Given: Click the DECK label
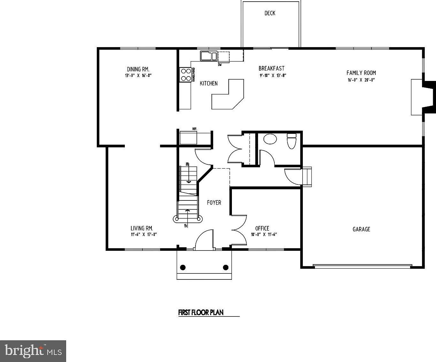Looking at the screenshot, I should (270, 13).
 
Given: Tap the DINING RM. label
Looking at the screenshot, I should (138, 69).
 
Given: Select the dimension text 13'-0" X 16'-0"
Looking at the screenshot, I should (138, 76).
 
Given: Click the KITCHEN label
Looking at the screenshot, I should (209, 83).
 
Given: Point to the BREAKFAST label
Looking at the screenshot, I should (271, 68).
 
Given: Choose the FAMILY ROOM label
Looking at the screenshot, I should (361, 73).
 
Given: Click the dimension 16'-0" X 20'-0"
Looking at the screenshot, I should (361, 80).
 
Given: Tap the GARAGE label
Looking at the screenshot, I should (361, 229).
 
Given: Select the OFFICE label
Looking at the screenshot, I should (262, 228).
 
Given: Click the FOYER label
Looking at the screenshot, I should (214, 203).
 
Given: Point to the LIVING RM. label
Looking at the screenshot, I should (142, 228).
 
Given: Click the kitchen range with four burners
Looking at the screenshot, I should (185, 75).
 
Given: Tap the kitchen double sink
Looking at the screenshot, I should (209, 56).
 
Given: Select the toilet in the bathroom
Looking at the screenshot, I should (292, 141).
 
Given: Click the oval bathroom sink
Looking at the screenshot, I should (270, 139).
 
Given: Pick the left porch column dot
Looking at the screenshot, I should (183, 267).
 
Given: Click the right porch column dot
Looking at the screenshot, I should (226, 267).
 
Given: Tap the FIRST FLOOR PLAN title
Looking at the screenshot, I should (201, 313).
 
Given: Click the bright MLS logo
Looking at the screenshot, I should (33, 351).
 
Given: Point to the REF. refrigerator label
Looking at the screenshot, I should (194, 129).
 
